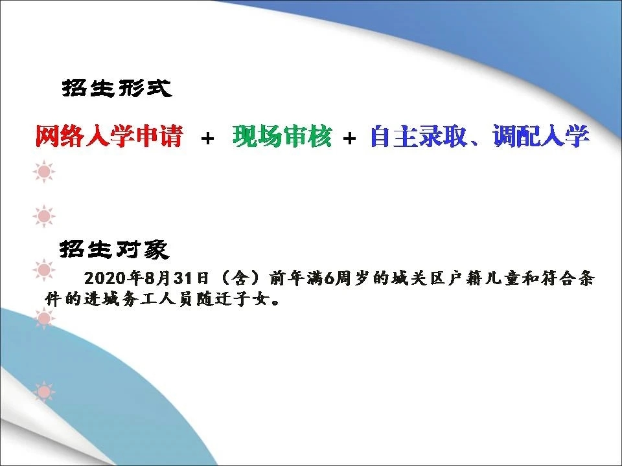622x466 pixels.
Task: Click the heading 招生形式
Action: tap(117, 88)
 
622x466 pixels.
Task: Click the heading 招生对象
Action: tap(115, 249)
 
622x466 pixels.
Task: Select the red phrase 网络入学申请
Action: tap(109, 136)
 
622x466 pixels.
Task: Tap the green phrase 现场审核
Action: tap(282, 136)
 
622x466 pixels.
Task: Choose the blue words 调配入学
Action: tap(541, 136)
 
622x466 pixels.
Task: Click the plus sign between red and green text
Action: tap(207, 139)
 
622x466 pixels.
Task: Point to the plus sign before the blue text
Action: tap(349, 139)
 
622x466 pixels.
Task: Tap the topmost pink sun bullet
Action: tap(44, 172)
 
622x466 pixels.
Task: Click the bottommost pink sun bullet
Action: tap(44, 392)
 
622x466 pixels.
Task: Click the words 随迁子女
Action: tap(232, 299)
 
